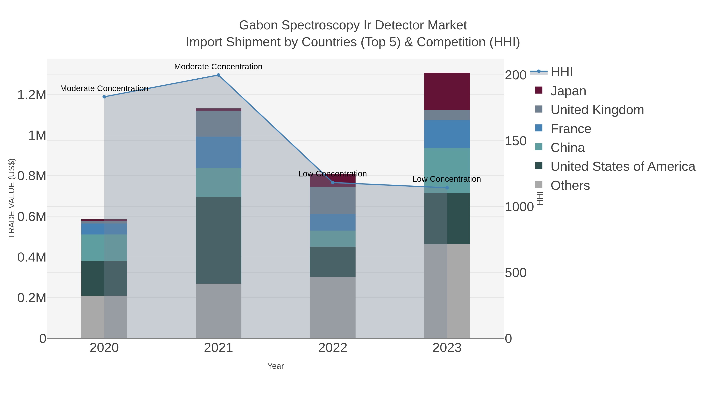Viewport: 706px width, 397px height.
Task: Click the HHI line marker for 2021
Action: [x=218, y=75]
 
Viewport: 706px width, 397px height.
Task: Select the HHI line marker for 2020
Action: [x=104, y=97]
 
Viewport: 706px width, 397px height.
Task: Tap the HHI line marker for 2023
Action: [x=447, y=188]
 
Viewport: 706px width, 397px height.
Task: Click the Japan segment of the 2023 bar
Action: [x=447, y=91]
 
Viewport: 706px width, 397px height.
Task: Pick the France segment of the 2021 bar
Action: [x=218, y=152]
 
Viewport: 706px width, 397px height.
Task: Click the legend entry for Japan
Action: [x=568, y=91]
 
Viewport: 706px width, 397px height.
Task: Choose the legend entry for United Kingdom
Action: [x=597, y=110]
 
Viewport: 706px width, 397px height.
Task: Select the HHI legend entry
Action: [x=561, y=72]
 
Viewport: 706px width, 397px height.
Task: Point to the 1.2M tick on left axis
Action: [x=32, y=95]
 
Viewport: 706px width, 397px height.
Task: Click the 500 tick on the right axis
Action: [x=516, y=273]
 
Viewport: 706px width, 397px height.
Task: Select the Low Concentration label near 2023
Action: [x=447, y=179]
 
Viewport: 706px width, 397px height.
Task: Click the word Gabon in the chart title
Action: [x=258, y=25]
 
